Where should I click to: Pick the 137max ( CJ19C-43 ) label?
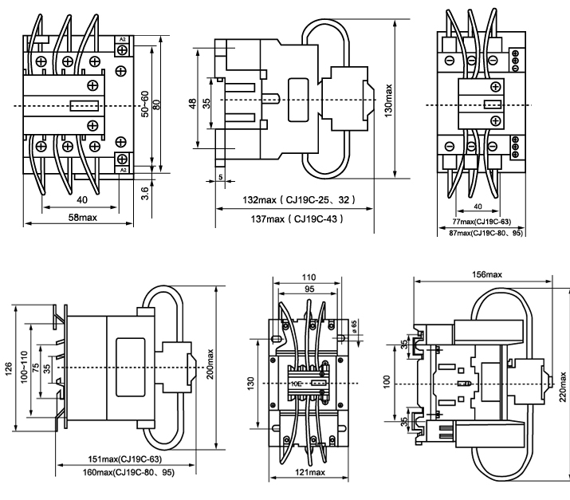tap(296, 219)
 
